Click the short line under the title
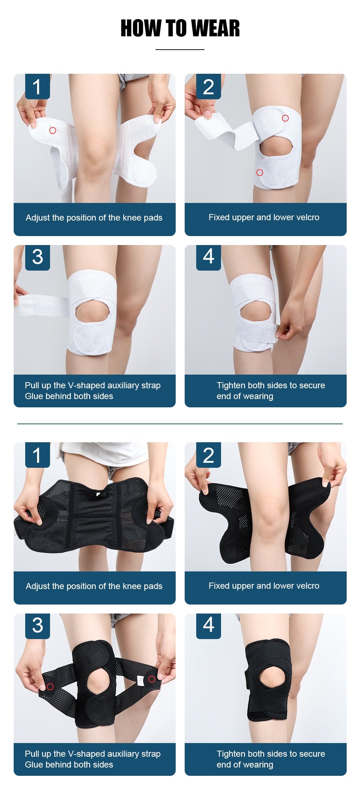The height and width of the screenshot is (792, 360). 180,50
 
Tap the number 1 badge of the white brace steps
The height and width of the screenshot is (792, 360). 37,87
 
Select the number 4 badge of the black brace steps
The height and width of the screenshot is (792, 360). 208,625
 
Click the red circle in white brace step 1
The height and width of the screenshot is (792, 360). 53,130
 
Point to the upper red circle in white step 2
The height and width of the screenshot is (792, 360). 285,118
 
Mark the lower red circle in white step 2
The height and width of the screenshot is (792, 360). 260,172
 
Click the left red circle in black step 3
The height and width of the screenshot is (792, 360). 50,686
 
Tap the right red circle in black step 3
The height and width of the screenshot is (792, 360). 152,679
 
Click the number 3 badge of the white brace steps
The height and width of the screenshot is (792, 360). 37,257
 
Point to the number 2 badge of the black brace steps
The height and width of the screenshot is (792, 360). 208,455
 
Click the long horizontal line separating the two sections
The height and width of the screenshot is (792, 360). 180,424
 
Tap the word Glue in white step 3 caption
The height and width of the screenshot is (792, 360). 33,396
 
